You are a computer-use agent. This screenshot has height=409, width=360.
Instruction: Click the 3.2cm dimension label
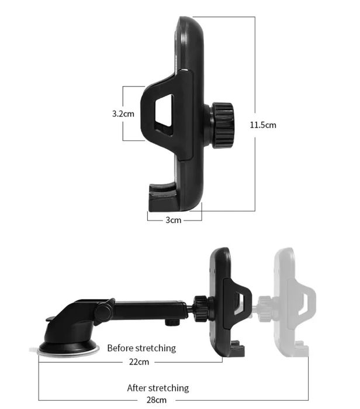[x=123, y=114]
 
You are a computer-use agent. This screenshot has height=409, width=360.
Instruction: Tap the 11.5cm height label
[x=263, y=125]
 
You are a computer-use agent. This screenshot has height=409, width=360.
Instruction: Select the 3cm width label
[x=173, y=220]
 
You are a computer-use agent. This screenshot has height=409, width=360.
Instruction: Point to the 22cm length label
[x=139, y=362]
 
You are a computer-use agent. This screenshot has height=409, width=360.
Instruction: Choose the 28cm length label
[x=156, y=400]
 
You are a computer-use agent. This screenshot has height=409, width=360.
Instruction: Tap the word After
[x=137, y=388]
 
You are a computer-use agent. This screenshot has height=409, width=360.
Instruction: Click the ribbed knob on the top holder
[x=222, y=125]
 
